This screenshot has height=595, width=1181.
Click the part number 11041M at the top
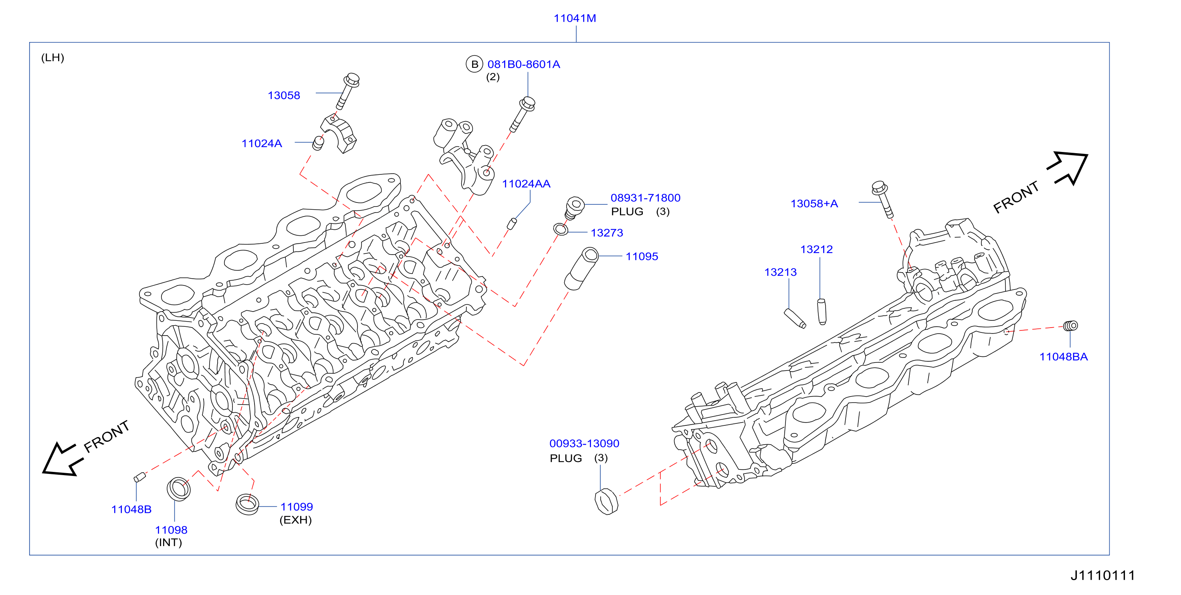tap(575, 18)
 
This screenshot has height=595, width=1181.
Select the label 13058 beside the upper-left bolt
tap(284, 95)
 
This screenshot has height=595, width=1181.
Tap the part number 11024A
tap(262, 144)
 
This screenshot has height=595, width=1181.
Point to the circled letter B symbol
tap(474, 64)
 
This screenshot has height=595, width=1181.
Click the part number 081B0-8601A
tap(523, 64)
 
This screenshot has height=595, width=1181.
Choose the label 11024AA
tap(526, 184)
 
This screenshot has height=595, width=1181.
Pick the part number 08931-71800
tap(646, 198)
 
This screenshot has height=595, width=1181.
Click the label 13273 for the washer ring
tap(607, 233)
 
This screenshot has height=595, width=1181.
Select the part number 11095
tap(642, 257)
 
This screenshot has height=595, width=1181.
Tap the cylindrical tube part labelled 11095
tap(581, 269)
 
